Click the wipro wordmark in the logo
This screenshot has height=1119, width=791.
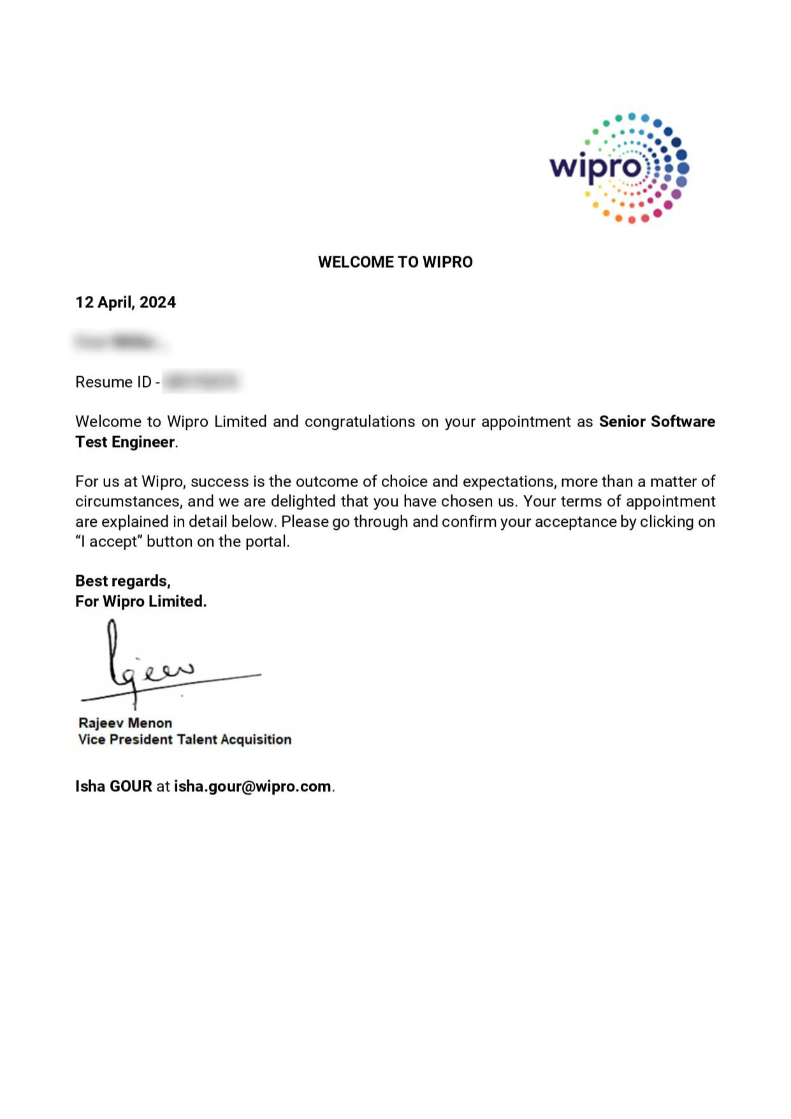coord(595,167)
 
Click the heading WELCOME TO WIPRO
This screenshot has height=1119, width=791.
coord(395,262)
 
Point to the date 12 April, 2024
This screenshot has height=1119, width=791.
coord(126,302)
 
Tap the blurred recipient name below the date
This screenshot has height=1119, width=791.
coord(119,342)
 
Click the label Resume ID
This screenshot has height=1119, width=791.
coord(113,382)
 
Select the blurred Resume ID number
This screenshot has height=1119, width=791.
coord(201,382)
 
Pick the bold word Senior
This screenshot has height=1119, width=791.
coord(621,421)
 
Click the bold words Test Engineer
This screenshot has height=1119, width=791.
coord(125,442)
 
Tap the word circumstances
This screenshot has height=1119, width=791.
coord(128,501)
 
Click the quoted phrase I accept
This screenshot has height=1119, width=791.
coord(109,541)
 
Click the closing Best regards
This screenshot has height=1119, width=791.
coord(122,581)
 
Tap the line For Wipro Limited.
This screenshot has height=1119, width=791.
coord(141,601)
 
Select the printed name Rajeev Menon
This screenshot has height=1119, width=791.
coord(125,723)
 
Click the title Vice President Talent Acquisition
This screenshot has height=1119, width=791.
coord(185,740)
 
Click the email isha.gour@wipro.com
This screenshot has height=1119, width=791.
coord(252,786)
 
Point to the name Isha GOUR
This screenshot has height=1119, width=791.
coord(113,786)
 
